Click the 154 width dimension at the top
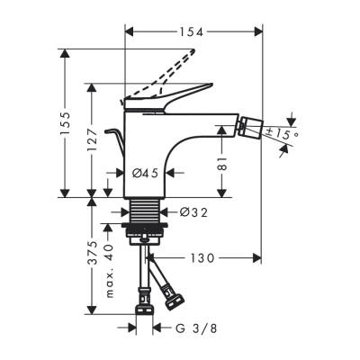tap(191, 31)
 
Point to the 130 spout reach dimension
tap(203, 257)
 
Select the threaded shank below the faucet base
tap(143, 214)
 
